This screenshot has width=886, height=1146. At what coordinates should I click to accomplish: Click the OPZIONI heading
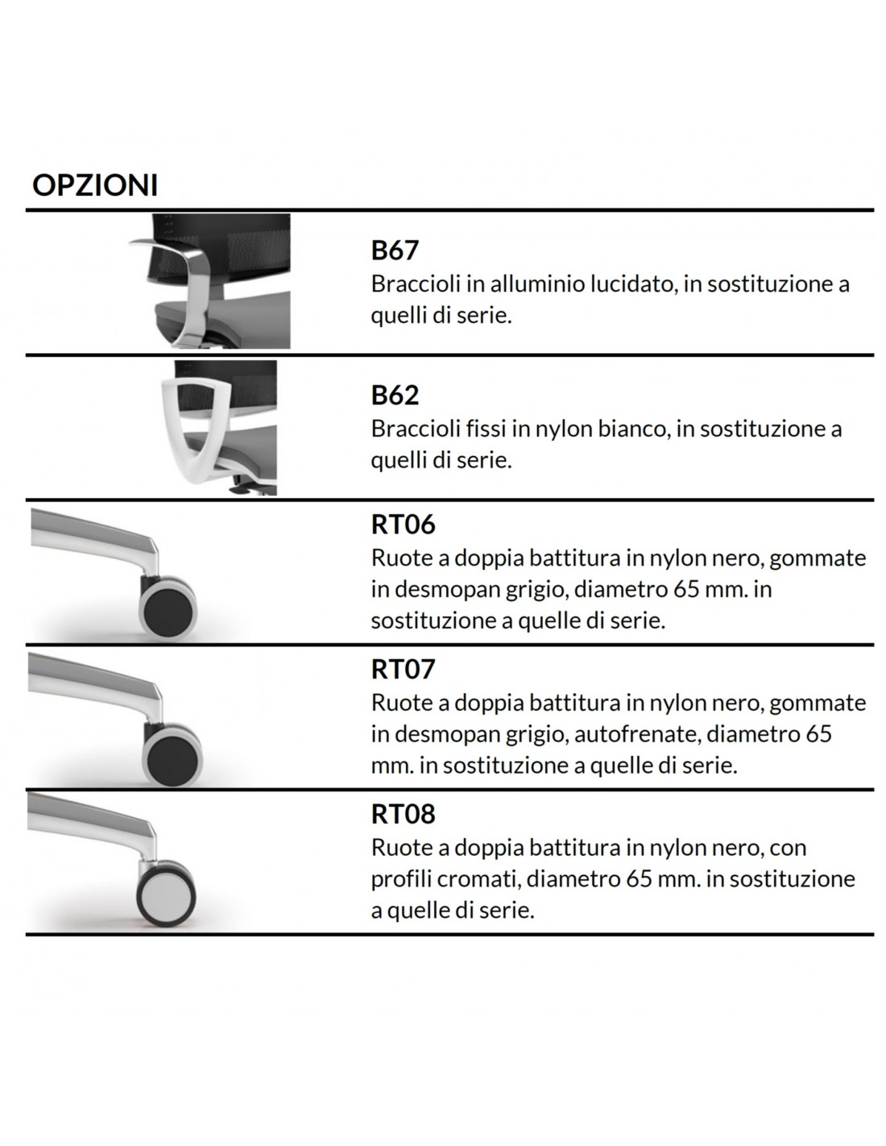coord(95,185)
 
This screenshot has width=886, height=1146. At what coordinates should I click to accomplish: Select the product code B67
coord(395,251)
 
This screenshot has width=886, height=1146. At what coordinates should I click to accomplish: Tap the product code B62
coord(395,396)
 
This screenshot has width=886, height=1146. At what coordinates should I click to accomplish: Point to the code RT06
coord(404,525)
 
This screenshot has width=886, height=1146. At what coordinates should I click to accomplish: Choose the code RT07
coord(404,669)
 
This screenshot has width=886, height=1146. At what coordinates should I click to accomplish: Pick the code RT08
coord(404,814)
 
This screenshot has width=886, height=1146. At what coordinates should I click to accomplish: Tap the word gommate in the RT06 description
coord(818,558)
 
